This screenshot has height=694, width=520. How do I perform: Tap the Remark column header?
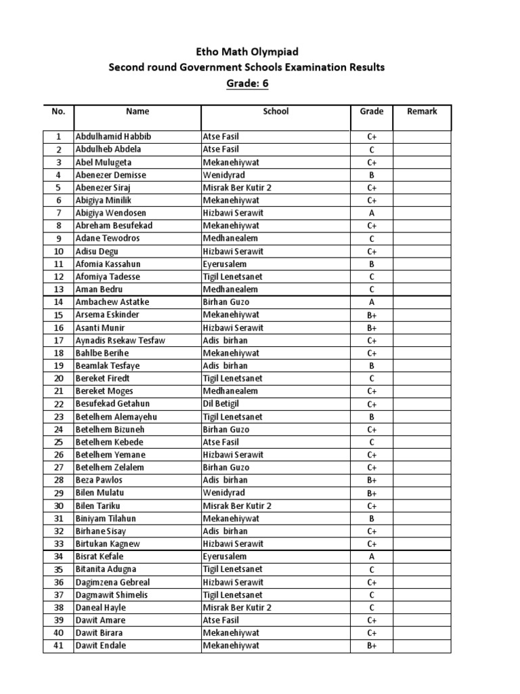[422, 111]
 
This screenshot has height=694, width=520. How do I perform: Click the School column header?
[276, 111]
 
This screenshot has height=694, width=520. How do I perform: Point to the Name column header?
[137, 111]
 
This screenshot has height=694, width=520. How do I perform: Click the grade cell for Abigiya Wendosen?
[372, 213]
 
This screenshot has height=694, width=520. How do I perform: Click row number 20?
[58, 378]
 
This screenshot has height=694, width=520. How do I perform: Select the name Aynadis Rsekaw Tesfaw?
[121, 340]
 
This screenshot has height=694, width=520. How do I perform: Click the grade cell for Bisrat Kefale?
[372, 556]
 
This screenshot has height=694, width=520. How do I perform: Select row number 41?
[58, 646]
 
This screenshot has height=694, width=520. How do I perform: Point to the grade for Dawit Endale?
[372, 646]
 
